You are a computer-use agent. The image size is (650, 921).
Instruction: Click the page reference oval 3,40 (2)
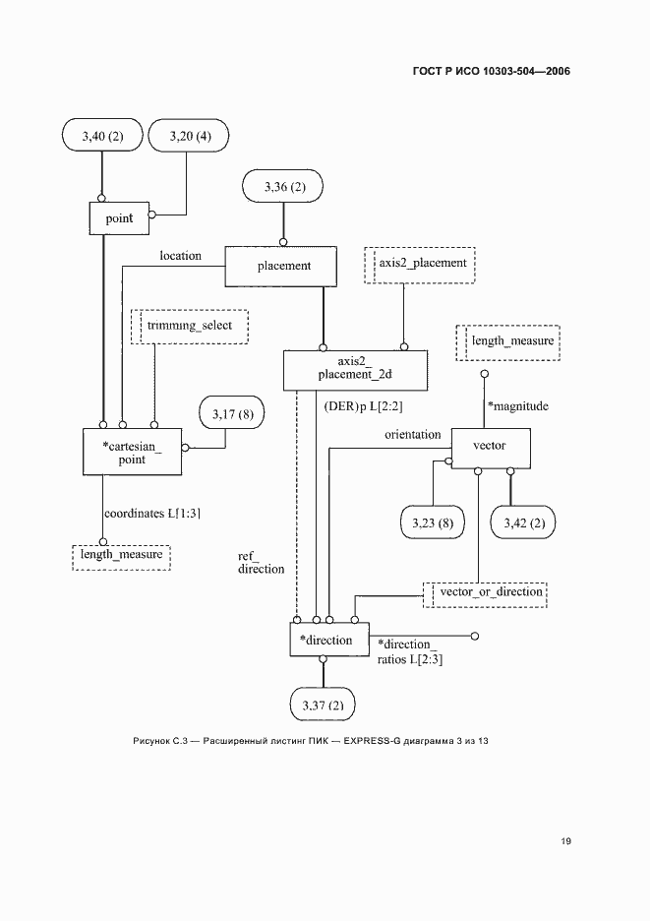(x=101, y=135)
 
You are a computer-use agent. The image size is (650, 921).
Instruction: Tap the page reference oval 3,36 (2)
(x=284, y=186)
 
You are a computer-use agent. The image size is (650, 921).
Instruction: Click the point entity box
(x=119, y=218)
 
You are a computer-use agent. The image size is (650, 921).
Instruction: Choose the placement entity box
(x=283, y=266)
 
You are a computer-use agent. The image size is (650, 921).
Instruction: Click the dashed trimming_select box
(x=190, y=325)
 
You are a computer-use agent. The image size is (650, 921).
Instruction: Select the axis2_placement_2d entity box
(x=356, y=368)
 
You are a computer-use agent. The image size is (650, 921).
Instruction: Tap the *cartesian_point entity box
(x=133, y=453)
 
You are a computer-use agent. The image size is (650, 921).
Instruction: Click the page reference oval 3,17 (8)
(x=232, y=415)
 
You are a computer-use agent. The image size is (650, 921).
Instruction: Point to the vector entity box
(x=489, y=447)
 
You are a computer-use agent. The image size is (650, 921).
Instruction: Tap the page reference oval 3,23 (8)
(x=432, y=522)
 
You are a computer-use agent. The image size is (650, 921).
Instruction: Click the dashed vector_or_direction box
(x=486, y=593)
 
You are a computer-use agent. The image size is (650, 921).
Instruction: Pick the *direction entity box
(x=328, y=641)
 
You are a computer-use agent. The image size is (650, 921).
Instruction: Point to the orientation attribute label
(x=412, y=435)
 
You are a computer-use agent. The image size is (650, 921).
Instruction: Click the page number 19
(x=565, y=841)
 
